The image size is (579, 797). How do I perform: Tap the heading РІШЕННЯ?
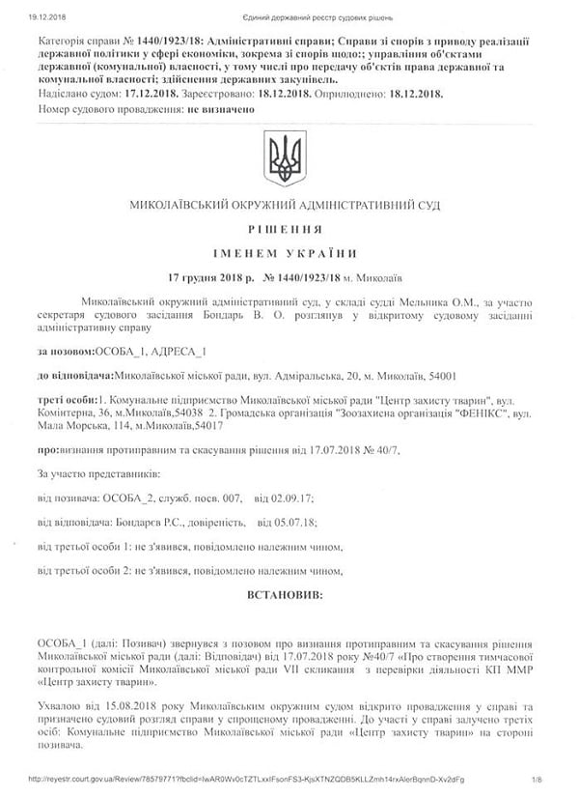286,230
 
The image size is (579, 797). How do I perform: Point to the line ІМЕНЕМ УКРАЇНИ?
286,252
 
